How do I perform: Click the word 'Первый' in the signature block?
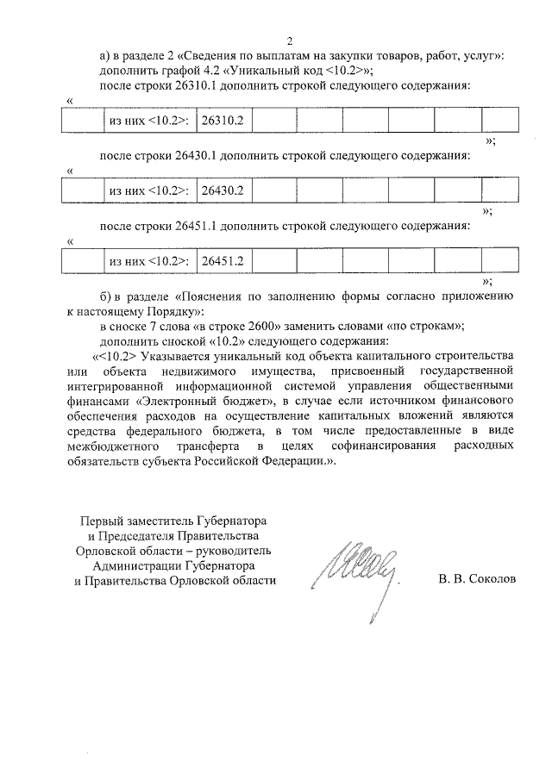click(x=100, y=521)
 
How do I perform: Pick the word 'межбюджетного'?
click(x=116, y=446)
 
